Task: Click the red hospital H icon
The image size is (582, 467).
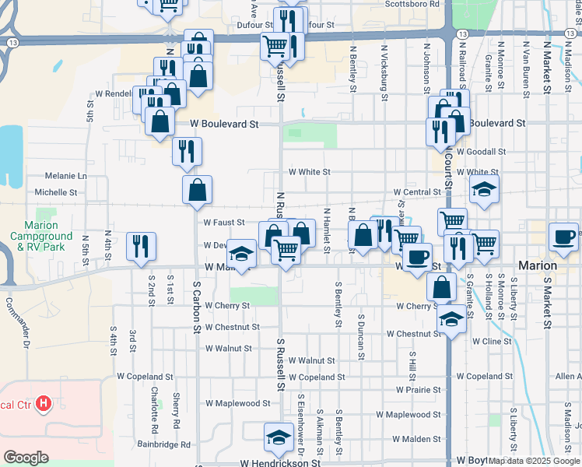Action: (44, 404)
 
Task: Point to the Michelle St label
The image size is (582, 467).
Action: (56, 192)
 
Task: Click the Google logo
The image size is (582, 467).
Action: (26, 457)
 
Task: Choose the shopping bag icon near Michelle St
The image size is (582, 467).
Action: (197, 189)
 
